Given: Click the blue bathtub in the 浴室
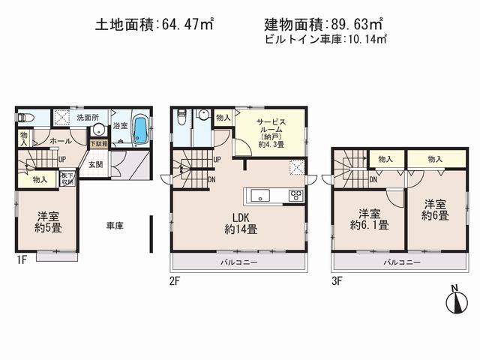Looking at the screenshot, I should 139,130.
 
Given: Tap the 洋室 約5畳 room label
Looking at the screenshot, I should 46,223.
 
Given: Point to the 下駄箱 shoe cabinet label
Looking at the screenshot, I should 98,142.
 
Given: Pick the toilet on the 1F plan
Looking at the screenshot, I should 25,118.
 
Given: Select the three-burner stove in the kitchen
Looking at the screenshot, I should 295,196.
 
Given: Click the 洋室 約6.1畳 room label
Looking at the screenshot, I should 367,218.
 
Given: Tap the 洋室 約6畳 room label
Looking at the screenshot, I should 435,208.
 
